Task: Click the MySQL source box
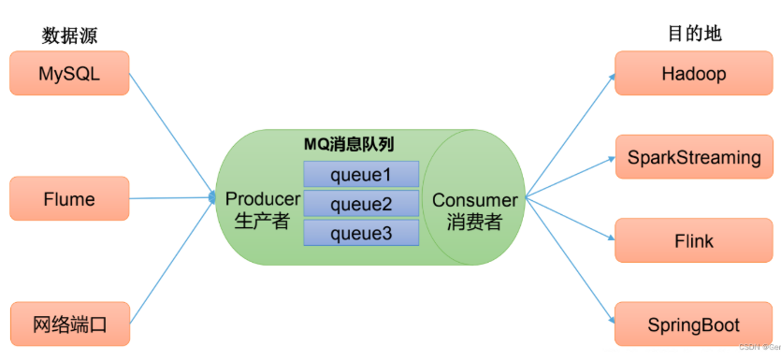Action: click(x=68, y=73)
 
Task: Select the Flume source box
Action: click(x=68, y=199)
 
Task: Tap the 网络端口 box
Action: click(x=68, y=324)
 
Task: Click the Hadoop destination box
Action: click(x=693, y=73)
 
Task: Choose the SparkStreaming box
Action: click(x=693, y=157)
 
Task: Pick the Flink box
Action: click(x=693, y=241)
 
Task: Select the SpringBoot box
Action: click(x=693, y=324)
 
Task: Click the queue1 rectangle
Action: click(x=361, y=174)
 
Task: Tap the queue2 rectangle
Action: click(x=361, y=203)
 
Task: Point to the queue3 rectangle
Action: click(x=361, y=233)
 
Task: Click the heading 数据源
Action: click(x=69, y=36)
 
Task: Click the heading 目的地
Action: click(x=693, y=34)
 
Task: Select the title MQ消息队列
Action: click(x=348, y=146)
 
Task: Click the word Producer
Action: click(x=263, y=199)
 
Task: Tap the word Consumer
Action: click(x=474, y=200)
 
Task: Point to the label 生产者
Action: click(x=263, y=223)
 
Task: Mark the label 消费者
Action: click(x=474, y=223)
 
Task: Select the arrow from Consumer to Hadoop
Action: click(x=569, y=134)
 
